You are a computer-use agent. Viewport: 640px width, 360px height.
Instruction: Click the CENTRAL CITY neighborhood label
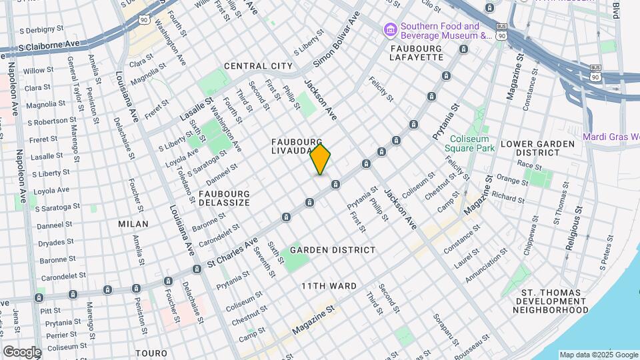click(x=258, y=66)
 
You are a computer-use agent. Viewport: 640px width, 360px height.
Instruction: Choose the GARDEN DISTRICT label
click(x=333, y=250)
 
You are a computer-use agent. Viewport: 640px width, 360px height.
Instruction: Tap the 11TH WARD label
click(x=328, y=286)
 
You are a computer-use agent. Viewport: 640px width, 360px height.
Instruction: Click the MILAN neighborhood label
click(x=133, y=224)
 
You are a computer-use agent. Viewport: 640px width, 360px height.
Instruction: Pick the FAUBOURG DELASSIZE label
click(x=224, y=197)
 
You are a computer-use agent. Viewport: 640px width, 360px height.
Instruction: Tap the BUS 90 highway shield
click(x=596, y=72)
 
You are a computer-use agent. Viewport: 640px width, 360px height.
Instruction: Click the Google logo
click(x=22, y=352)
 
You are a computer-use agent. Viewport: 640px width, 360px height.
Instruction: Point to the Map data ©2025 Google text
click(x=598, y=355)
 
